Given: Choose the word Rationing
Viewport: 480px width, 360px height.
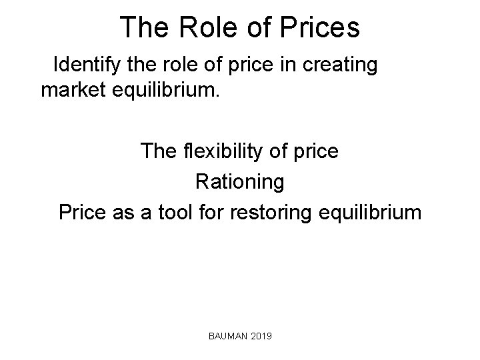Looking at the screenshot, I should coord(239,182).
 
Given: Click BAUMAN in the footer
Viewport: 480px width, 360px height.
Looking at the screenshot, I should coord(227,339).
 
